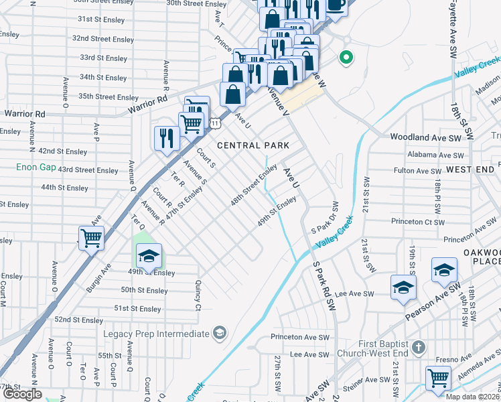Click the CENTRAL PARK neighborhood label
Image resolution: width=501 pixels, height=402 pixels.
click(x=253, y=145)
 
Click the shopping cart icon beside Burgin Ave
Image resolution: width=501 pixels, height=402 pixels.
click(x=91, y=238)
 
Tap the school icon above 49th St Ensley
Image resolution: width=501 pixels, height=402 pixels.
click(x=149, y=256)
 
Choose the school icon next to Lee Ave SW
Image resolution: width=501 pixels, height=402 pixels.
click(x=403, y=288)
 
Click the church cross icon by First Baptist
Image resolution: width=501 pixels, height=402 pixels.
click(x=419, y=347)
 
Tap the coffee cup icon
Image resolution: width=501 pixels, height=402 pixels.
click(x=336, y=5)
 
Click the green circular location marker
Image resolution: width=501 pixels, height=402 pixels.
click(x=346, y=58)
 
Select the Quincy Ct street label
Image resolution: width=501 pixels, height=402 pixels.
click(x=198, y=296)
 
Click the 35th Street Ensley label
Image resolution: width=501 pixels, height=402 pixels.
click(x=108, y=96)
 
